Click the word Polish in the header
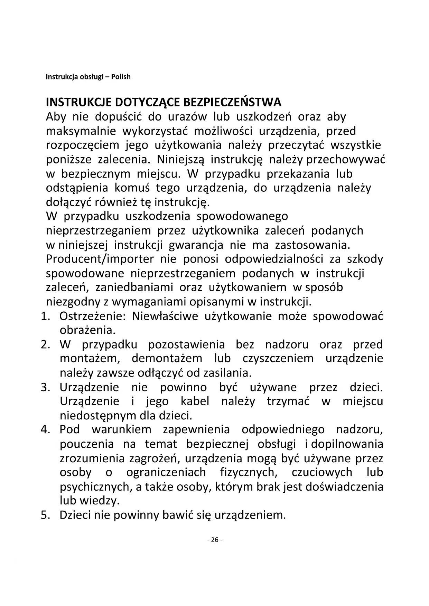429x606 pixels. point(121,77)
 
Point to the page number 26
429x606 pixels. point(215,540)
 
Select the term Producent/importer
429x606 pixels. point(100,259)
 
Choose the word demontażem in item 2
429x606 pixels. point(167,359)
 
